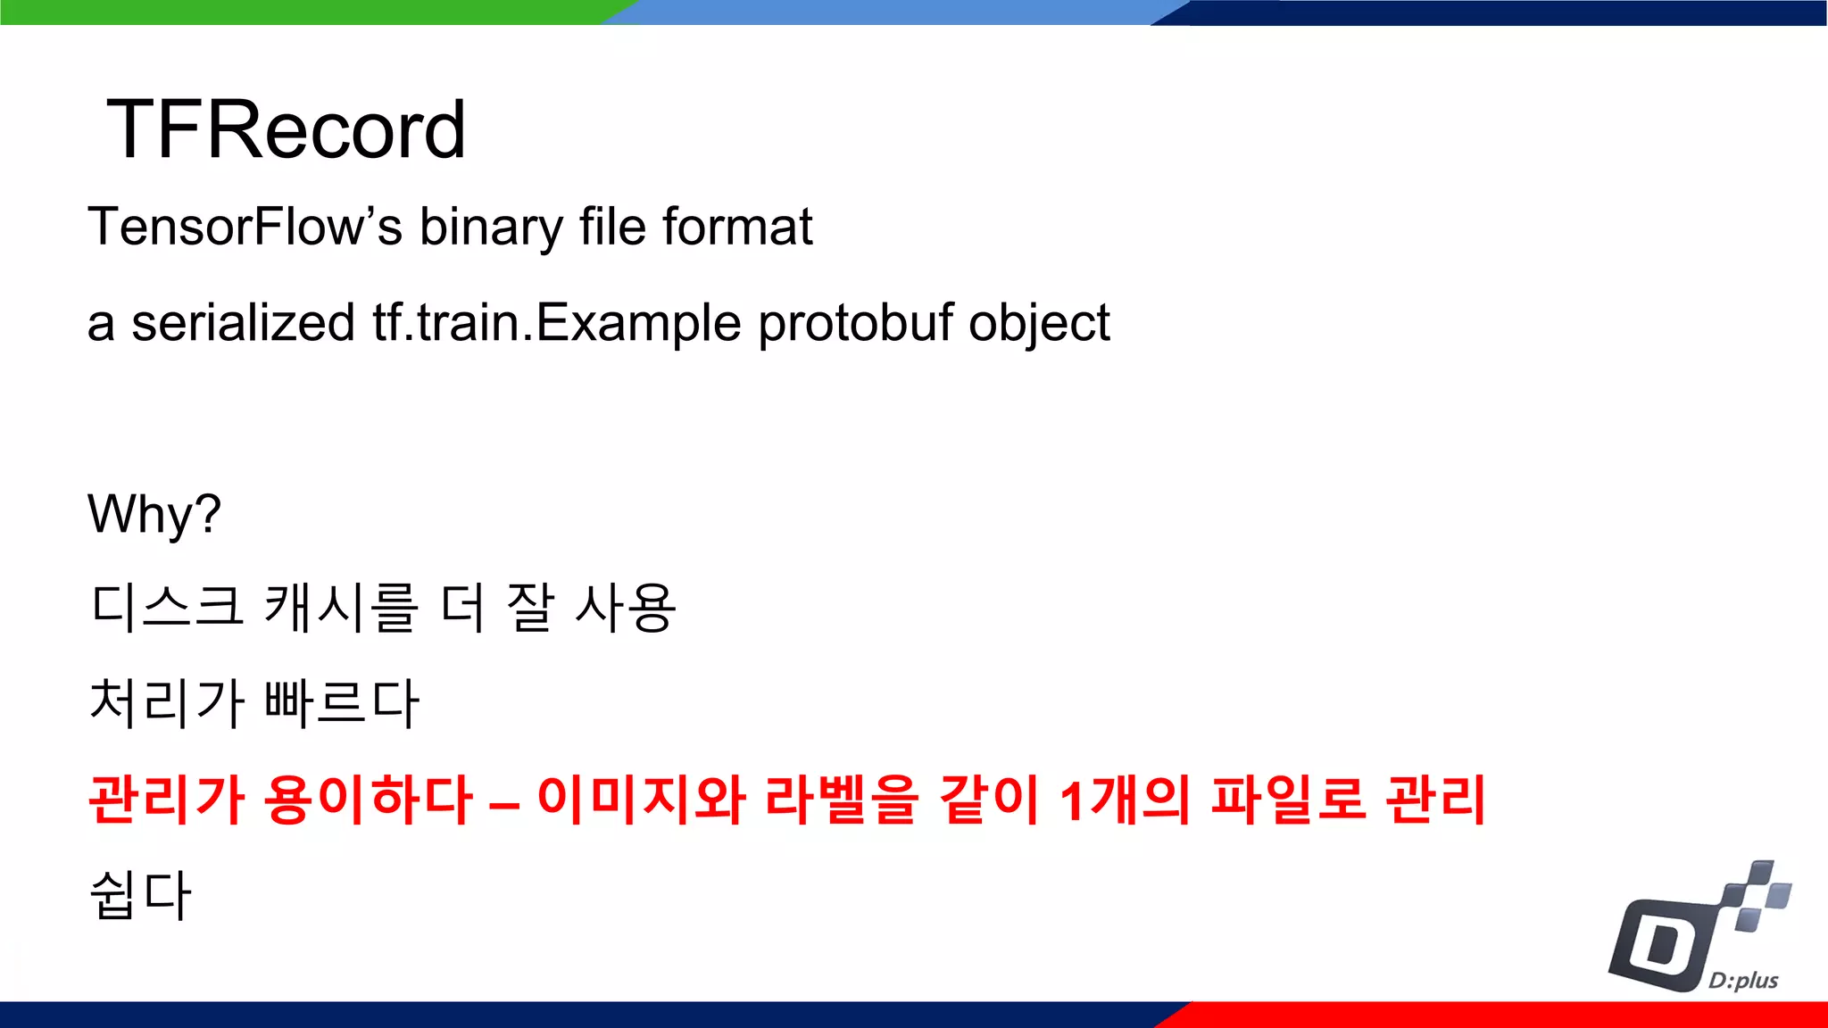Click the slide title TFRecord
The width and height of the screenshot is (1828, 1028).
pos(286,130)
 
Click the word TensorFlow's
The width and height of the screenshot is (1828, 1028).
pos(245,227)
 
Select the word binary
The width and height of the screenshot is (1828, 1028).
pos(491,227)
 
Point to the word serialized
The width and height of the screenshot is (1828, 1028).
pos(243,323)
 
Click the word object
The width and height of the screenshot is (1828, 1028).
pos(1039,323)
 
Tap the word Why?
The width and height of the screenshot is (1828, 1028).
pos(154,515)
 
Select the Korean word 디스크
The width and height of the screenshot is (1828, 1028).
pos(167,608)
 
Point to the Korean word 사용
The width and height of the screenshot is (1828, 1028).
pos(625,608)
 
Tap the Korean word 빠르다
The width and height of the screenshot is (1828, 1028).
pos(342,703)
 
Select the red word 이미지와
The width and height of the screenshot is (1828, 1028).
pos(641,799)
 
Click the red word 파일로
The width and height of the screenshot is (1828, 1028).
pos(1288,799)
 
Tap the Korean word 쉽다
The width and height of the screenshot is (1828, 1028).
pos(140,895)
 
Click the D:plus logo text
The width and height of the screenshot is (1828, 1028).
pos(1742,981)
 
